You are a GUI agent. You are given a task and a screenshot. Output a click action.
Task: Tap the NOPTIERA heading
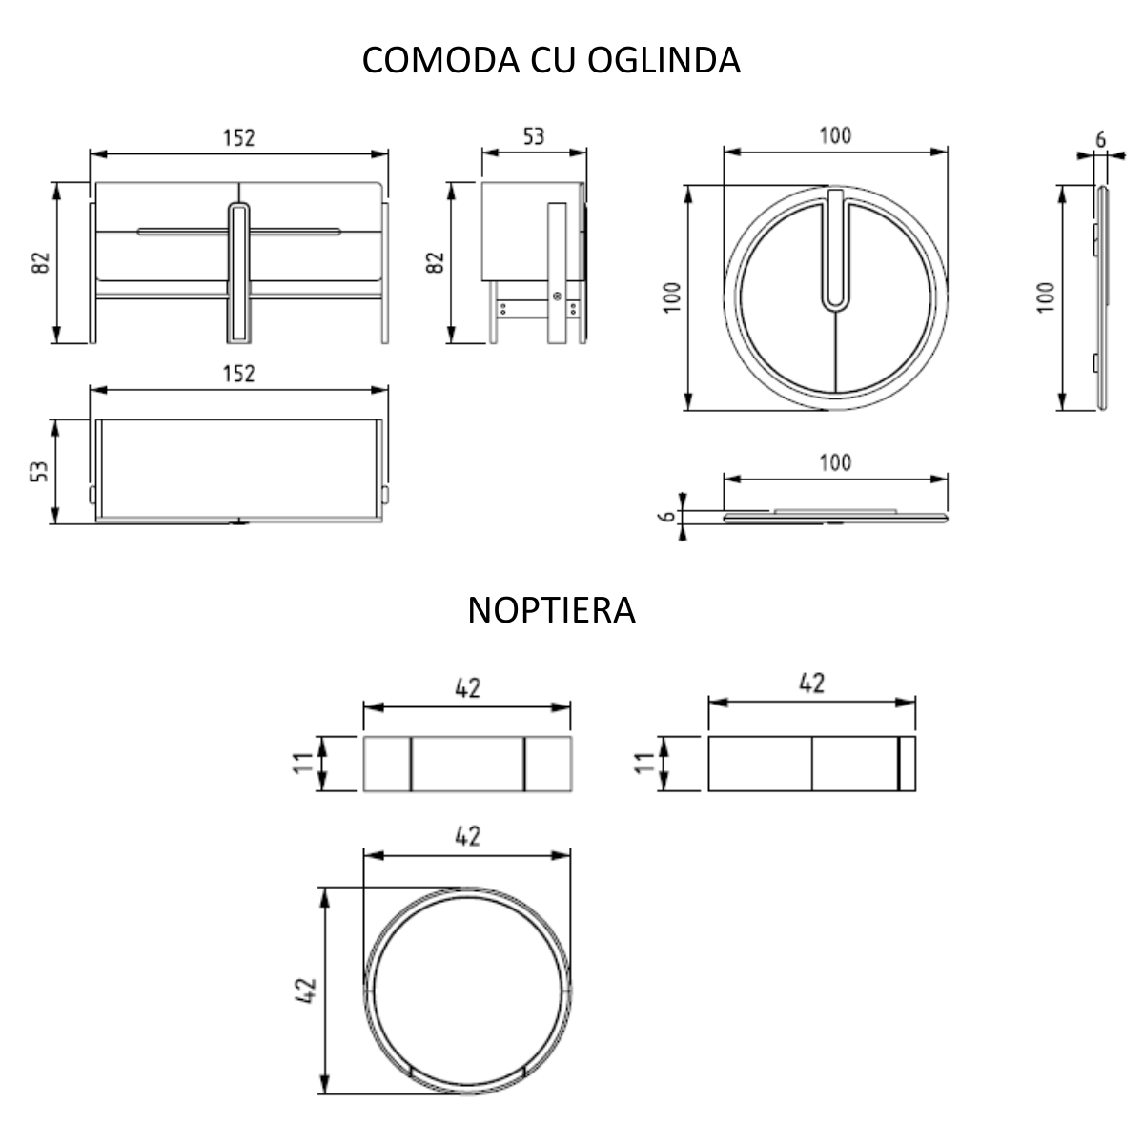tap(551, 610)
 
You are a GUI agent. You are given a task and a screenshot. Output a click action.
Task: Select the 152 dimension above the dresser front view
tap(239, 138)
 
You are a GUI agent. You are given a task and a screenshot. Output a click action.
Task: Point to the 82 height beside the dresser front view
tap(40, 263)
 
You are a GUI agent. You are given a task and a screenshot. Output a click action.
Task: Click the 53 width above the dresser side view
tap(533, 136)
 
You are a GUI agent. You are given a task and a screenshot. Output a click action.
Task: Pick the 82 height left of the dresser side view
tap(436, 263)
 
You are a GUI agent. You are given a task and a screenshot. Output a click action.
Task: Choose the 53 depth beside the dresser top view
tap(40, 471)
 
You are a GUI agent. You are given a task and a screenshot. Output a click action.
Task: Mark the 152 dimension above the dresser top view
tap(239, 374)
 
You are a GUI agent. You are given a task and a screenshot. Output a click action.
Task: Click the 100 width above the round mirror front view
tap(835, 136)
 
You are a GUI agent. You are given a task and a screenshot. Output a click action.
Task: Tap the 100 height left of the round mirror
tap(672, 298)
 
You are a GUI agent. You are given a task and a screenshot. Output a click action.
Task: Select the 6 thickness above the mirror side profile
tap(1100, 138)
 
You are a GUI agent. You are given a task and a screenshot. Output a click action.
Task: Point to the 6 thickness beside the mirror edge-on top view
tap(670, 516)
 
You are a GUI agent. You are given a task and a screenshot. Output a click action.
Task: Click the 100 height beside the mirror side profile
tap(1046, 298)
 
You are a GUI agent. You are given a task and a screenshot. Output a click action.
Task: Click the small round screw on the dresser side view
tap(556, 296)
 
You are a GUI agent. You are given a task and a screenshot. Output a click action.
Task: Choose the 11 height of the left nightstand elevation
tap(303, 764)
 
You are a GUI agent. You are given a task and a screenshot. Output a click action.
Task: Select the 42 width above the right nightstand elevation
tap(811, 684)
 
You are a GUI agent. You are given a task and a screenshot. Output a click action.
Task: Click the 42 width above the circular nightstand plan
tap(467, 836)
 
